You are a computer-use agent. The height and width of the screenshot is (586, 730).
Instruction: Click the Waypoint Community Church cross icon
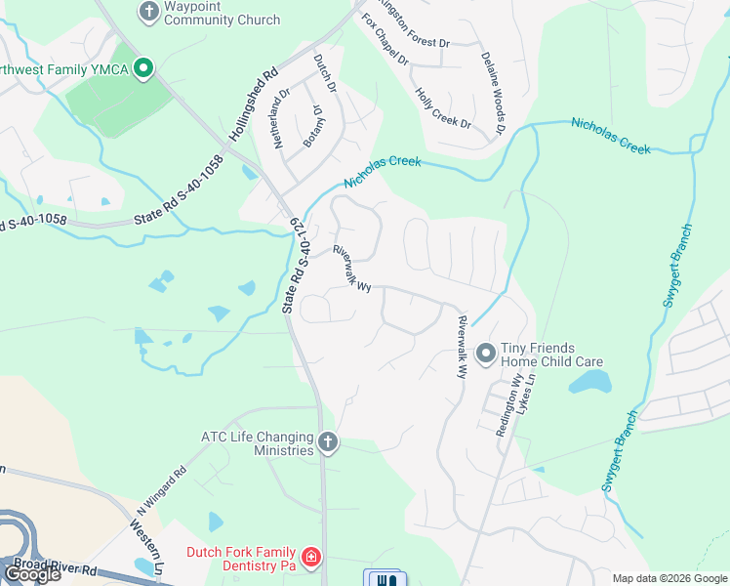click(148, 12)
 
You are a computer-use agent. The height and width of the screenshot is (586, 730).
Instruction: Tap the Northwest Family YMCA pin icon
click(143, 68)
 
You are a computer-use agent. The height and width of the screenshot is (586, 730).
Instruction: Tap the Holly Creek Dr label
click(443, 108)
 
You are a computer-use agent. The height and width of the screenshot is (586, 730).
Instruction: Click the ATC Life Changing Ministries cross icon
click(328, 443)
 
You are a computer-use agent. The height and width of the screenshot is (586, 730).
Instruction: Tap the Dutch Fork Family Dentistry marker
click(311, 559)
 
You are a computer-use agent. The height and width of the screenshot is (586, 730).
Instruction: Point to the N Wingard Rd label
click(161, 488)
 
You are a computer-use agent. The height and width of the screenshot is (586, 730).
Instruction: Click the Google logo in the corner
click(32, 574)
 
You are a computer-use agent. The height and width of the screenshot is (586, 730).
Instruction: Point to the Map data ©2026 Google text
click(669, 578)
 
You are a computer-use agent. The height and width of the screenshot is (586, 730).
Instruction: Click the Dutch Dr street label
click(324, 73)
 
